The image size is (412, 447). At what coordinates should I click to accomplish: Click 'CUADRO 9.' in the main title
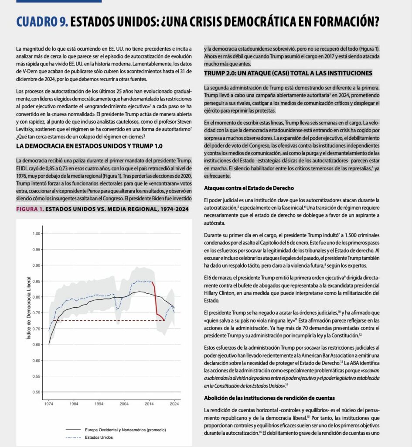point(41,22)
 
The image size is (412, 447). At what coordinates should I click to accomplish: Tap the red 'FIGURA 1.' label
point(30,209)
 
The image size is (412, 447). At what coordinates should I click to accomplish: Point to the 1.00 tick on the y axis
point(36,234)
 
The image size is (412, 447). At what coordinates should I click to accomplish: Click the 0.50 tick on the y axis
point(36,392)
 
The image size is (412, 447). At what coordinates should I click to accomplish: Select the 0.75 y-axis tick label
point(36,313)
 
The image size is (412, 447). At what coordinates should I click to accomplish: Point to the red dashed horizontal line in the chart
point(109,321)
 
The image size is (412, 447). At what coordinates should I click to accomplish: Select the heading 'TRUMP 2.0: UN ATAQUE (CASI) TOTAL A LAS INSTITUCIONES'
point(288,73)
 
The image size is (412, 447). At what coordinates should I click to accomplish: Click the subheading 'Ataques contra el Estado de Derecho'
point(248,188)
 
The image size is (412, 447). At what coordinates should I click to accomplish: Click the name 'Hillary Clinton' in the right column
point(221,292)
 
